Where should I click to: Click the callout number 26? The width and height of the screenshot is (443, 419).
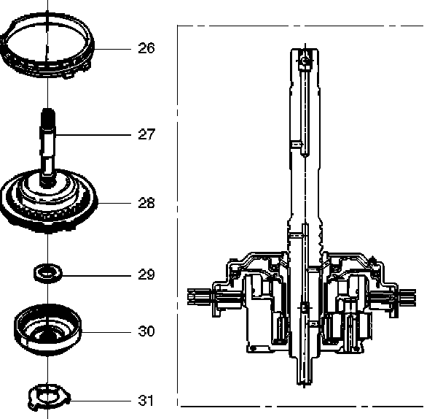146,48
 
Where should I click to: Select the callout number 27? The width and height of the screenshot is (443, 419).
146,134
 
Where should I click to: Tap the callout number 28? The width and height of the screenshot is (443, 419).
146,203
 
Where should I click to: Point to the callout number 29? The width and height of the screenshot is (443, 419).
146,275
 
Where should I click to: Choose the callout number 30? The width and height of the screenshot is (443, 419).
146,331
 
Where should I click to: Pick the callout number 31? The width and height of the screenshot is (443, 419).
146,401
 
